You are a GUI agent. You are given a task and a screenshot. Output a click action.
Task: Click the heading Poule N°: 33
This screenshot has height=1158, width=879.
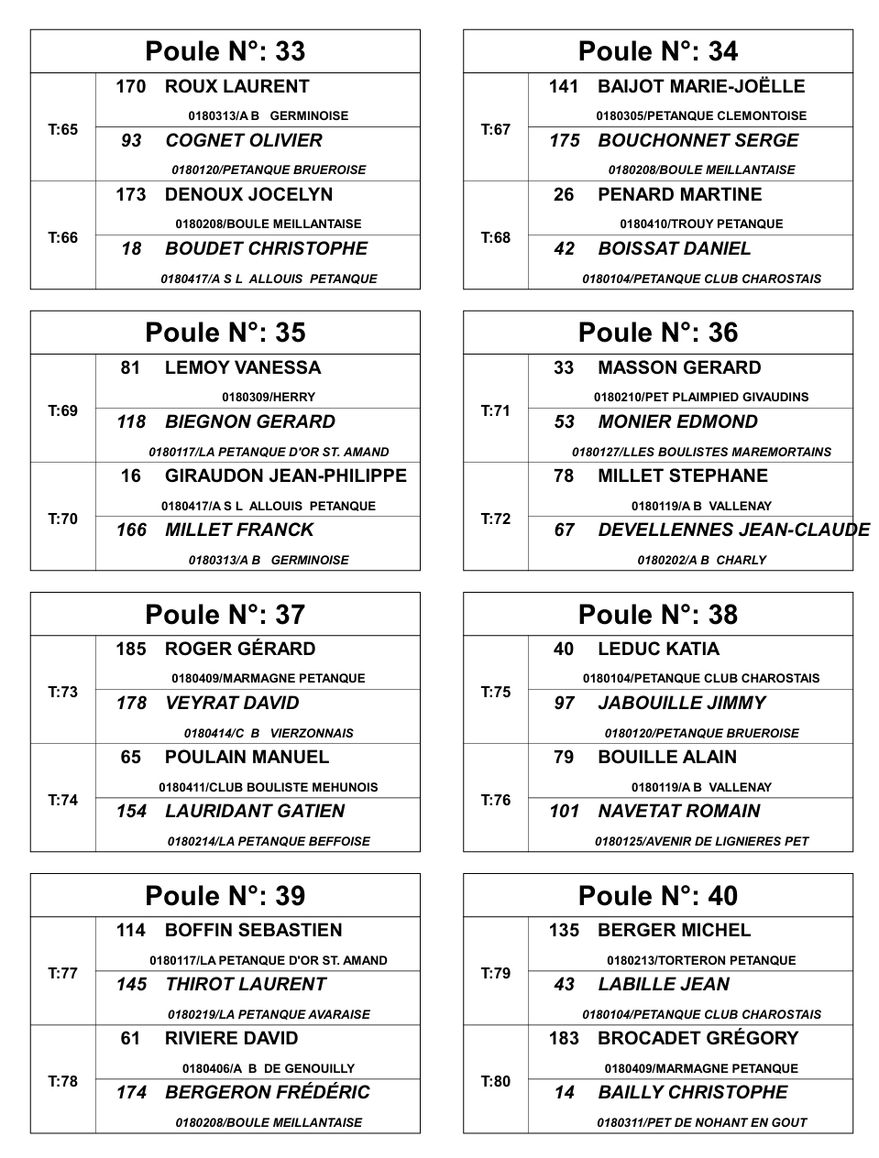click(x=225, y=51)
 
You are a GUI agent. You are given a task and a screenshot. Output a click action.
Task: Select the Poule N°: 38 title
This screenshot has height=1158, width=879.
click(x=658, y=614)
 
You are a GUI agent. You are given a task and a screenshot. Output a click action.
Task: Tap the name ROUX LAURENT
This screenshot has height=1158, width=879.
click(x=236, y=87)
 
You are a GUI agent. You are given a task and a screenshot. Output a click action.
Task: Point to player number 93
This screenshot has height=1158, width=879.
click(x=131, y=141)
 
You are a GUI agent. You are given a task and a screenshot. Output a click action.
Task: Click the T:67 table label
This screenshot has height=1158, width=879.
click(x=496, y=129)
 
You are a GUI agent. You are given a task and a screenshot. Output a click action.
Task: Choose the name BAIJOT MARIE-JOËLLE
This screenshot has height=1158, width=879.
click(x=701, y=87)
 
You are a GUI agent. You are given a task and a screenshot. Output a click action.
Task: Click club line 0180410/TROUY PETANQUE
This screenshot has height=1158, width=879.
click(x=701, y=224)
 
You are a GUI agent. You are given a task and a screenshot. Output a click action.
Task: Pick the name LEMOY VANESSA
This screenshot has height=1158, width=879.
click(x=243, y=368)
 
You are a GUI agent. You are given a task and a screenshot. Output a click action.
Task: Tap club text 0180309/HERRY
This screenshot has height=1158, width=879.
click(x=269, y=398)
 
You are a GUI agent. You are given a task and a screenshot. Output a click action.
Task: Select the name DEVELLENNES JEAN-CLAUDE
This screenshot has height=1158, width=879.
click(x=733, y=530)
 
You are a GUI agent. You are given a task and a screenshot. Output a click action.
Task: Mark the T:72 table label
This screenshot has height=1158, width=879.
click(x=496, y=519)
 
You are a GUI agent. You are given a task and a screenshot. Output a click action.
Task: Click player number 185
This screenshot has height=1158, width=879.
click(x=131, y=650)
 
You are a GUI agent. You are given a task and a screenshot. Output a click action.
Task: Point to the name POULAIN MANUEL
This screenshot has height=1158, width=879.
click(x=247, y=758)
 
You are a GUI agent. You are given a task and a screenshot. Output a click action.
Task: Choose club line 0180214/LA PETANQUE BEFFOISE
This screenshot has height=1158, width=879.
click(x=269, y=841)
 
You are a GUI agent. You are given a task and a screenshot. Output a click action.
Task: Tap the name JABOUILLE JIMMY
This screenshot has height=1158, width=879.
click(x=682, y=704)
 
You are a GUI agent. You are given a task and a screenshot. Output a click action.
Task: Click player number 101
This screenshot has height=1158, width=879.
click(x=565, y=812)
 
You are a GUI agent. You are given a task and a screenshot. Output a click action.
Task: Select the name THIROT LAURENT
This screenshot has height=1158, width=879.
click(x=246, y=985)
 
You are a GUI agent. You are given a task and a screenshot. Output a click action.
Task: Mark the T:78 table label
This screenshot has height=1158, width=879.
click(x=62, y=1081)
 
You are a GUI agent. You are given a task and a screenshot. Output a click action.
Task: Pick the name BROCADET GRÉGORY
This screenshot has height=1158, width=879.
click(x=698, y=1039)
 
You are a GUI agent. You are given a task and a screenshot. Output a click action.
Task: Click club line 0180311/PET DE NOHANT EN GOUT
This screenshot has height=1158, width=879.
click(x=702, y=1122)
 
